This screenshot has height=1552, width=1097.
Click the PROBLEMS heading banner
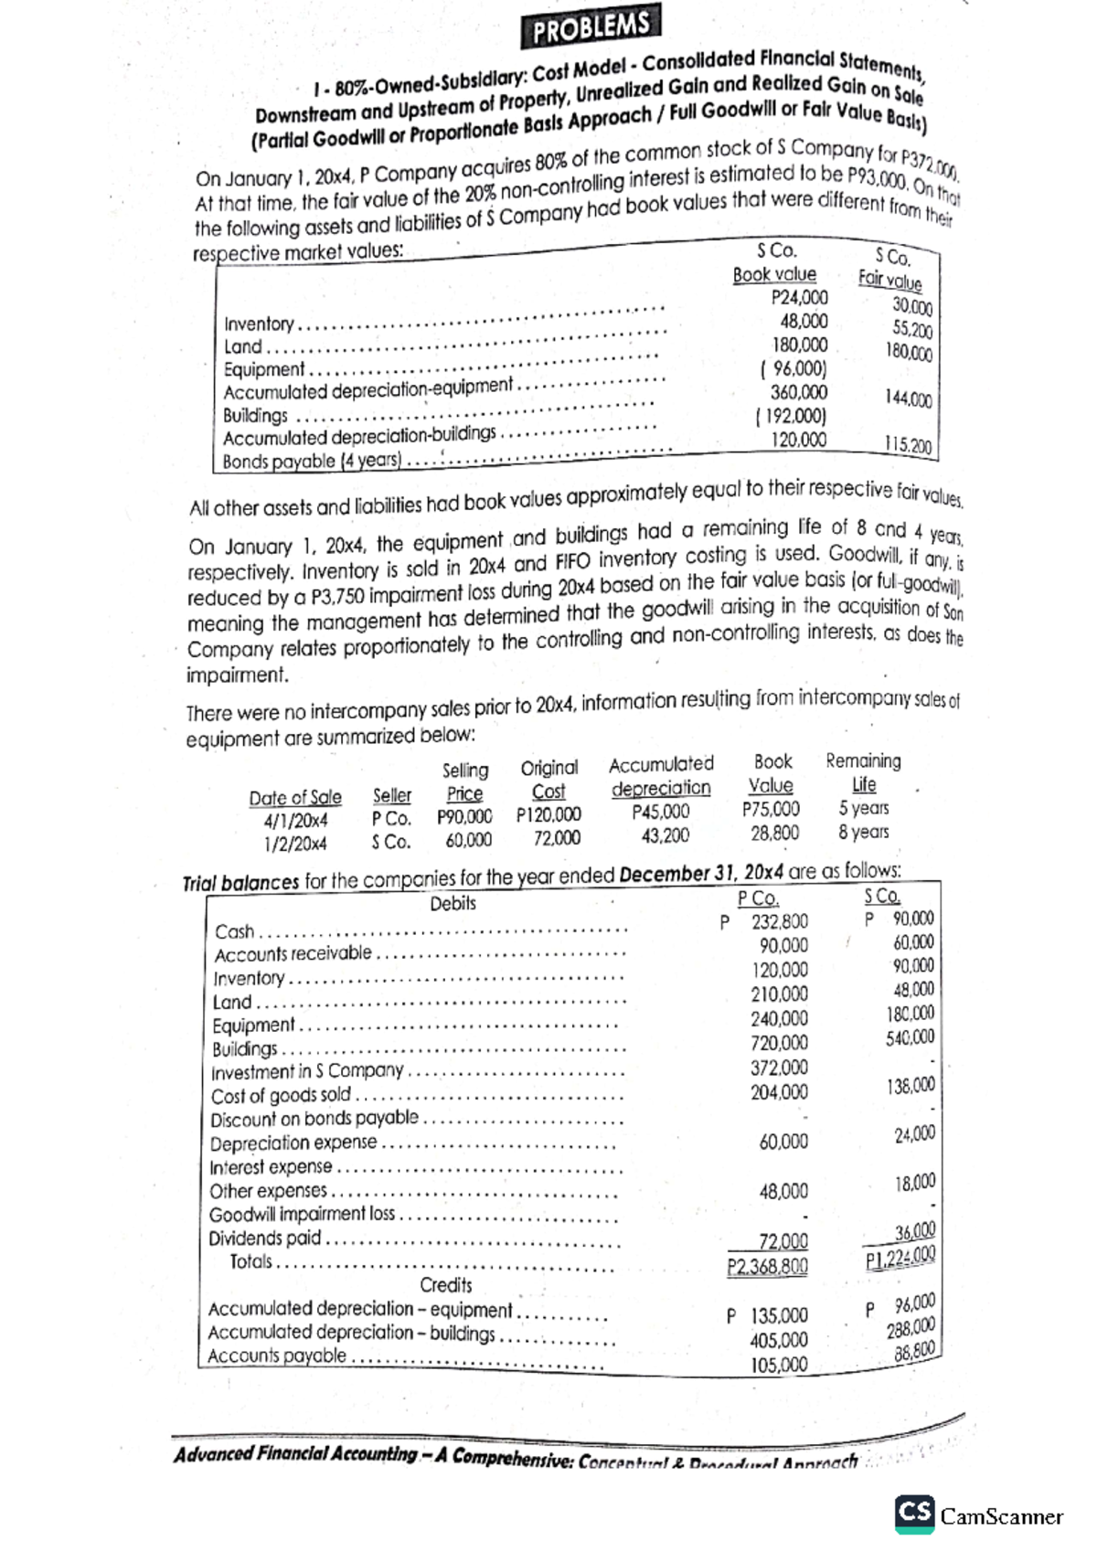pos(591,27)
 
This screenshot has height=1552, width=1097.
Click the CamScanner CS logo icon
pos(915,1509)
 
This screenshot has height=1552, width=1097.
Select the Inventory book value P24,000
pos(799,297)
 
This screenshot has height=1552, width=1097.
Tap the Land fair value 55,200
pos(911,330)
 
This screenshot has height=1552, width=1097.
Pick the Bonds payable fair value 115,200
pos(907,445)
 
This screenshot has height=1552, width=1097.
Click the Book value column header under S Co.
pos(773,274)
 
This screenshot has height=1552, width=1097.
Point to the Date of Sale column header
pos(294,797)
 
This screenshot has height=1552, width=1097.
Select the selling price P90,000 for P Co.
pos(464,816)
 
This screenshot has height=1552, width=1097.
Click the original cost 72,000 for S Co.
pos(556,838)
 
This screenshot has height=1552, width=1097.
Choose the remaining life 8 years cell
pos(863,832)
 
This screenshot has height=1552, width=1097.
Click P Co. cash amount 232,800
pos(778,922)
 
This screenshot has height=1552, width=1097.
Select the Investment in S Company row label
pos(307,1071)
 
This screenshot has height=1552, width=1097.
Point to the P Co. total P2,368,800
pos(767,1267)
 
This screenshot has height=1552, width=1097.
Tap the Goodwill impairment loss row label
pos(303,1215)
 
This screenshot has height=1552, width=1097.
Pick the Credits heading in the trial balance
pos(445,1284)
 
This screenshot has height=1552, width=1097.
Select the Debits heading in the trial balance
pos(453,903)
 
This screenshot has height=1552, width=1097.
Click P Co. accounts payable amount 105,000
pos(779,1365)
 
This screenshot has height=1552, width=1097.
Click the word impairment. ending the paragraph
pos(238,675)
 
